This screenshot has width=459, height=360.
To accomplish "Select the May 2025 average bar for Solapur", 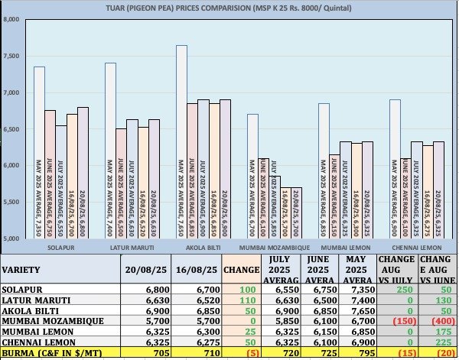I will click(39, 153).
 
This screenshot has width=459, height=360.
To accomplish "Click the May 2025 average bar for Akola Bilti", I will click(181, 141).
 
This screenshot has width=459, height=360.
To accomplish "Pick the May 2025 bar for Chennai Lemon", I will click(395, 168).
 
